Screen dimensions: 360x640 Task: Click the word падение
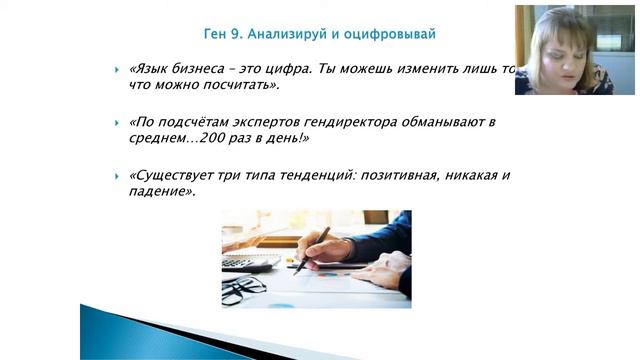point(159,191)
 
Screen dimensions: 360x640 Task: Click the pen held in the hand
point(313,249)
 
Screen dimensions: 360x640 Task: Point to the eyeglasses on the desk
point(243,290)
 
